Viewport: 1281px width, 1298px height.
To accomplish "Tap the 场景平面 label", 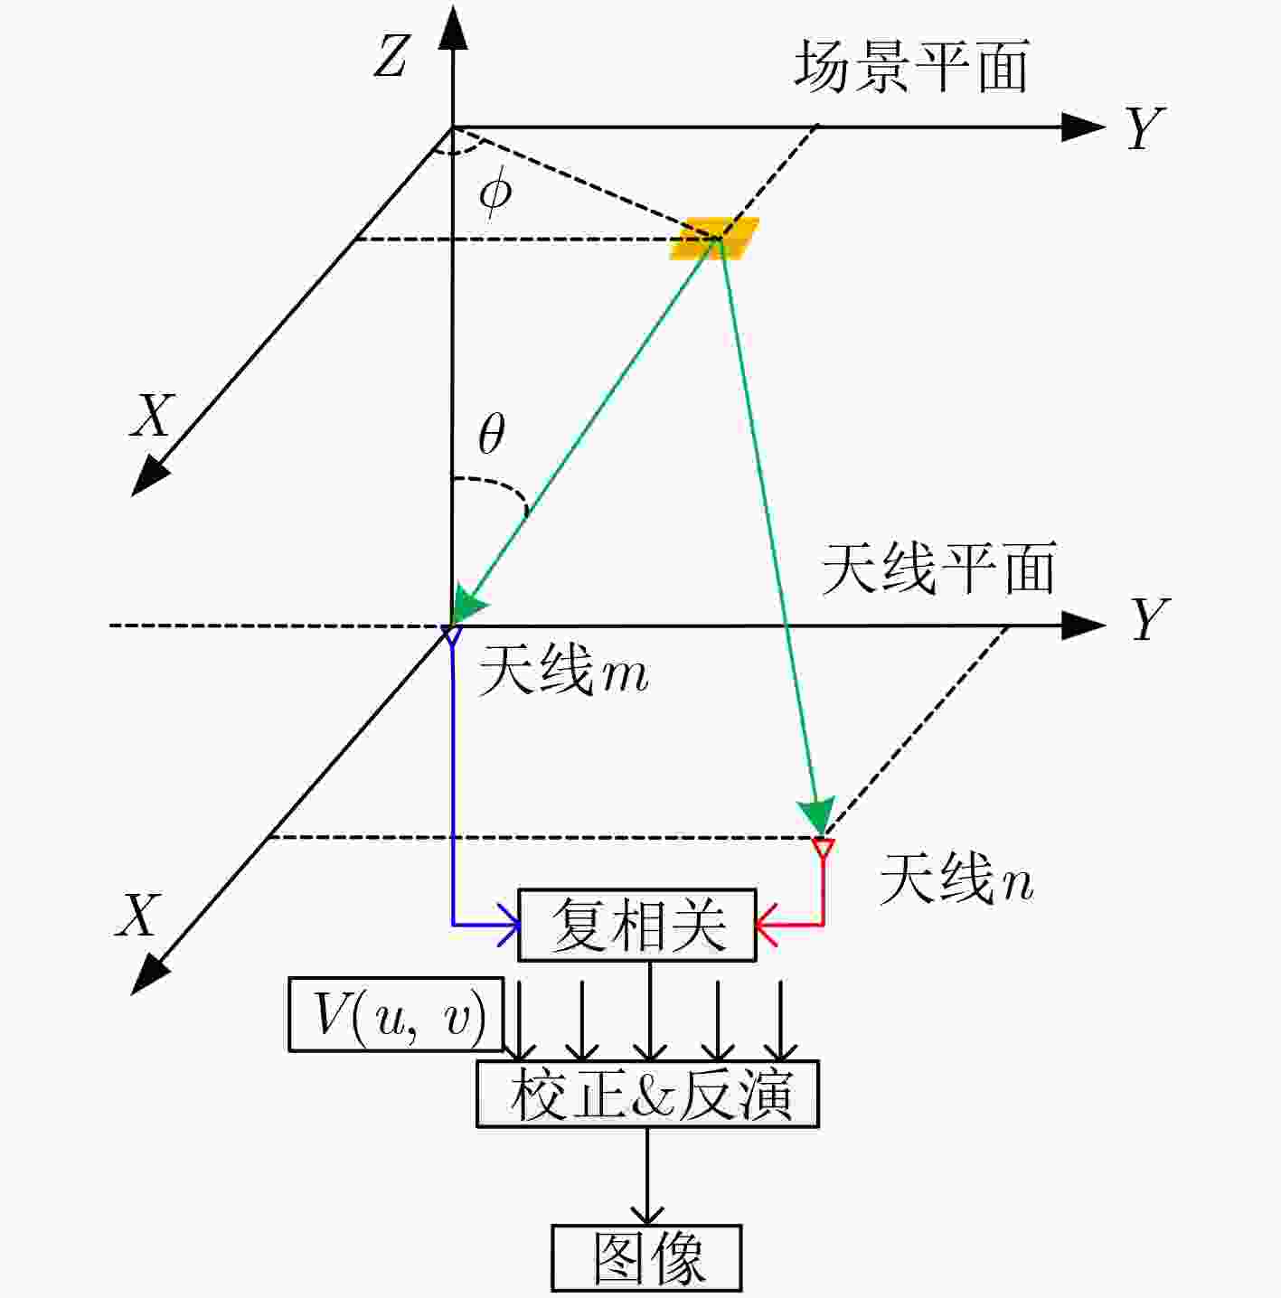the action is pyautogui.click(x=911, y=66).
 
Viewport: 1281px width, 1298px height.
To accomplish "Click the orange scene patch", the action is pyautogui.click(x=714, y=239).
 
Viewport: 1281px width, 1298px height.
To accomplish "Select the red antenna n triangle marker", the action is pyautogui.click(x=823, y=848).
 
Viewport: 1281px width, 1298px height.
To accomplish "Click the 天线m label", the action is pyautogui.click(x=563, y=670).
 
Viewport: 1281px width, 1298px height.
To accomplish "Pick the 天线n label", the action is pyautogui.click(x=956, y=879).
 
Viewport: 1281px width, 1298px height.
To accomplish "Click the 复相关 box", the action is pyautogui.click(x=637, y=925).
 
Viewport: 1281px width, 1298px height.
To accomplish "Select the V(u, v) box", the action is pyautogui.click(x=396, y=1014).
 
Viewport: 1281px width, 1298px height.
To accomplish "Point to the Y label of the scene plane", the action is pyautogui.click(x=1144, y=128).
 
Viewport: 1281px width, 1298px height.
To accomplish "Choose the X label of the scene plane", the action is pyautogui.click(x=152, y=415).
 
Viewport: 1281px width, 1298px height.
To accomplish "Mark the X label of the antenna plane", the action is pyautogui.click(x=139, y=915).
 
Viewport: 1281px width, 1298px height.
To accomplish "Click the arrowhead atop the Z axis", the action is pyautogui.click(x=453, y=27).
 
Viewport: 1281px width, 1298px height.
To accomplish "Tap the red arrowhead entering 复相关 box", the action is pyautogui.click(x=767, y=925).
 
